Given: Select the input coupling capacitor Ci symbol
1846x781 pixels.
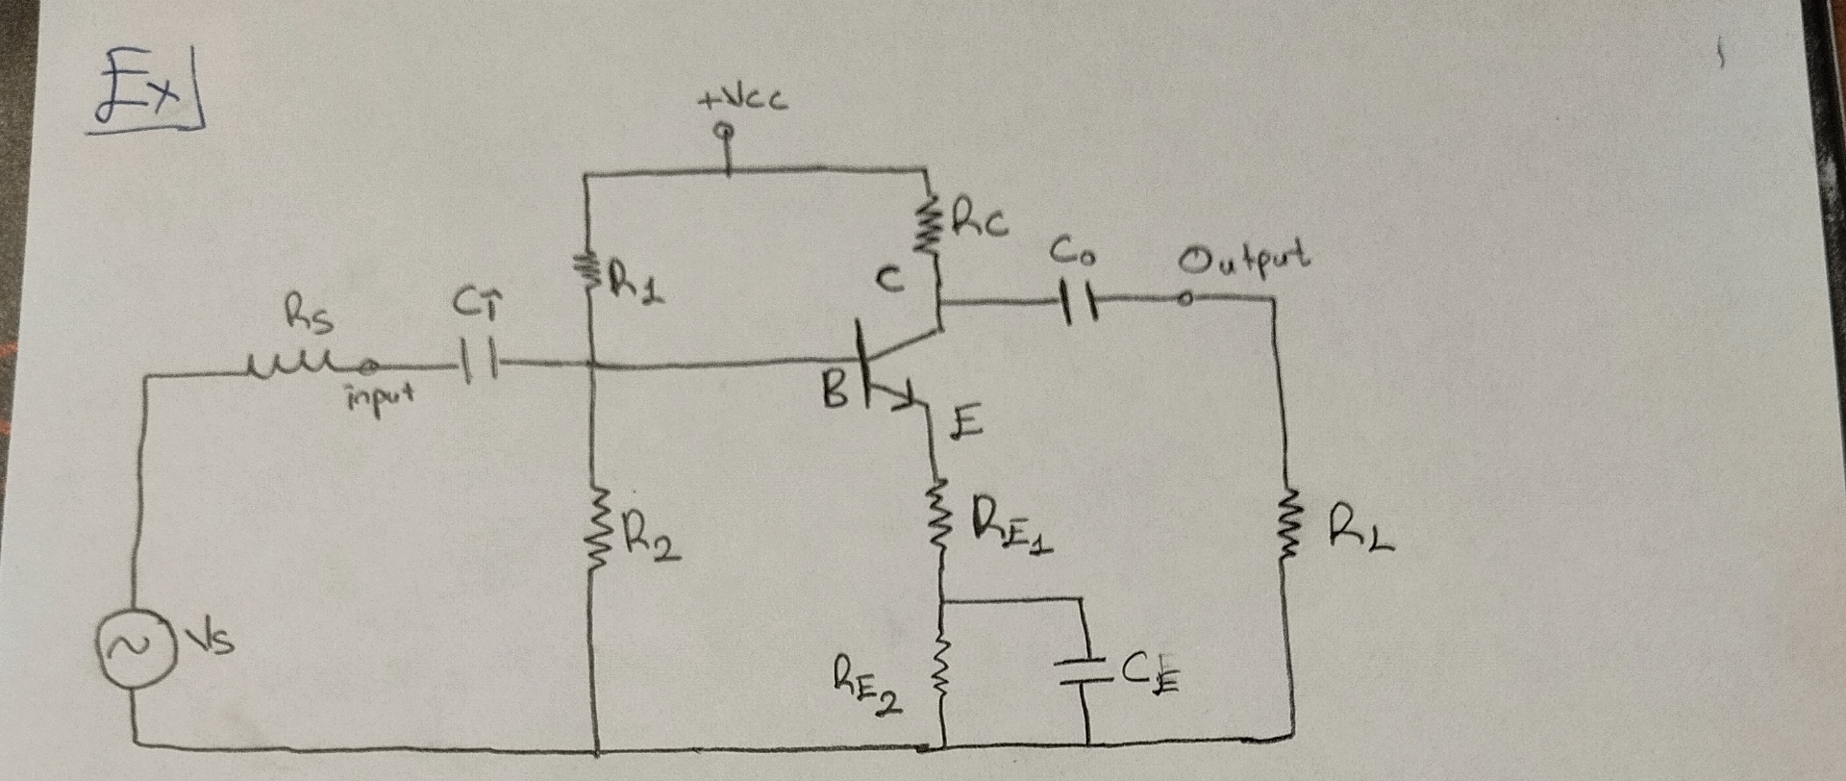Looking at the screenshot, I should [x=478, y=365].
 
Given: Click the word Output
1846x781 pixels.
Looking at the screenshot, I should [x=1247, y=258].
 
